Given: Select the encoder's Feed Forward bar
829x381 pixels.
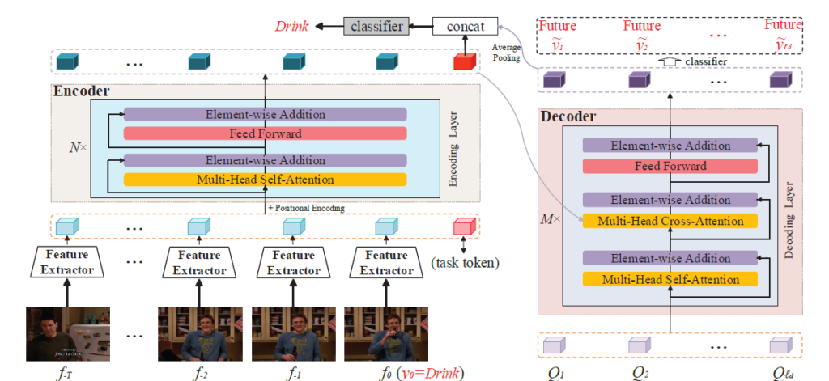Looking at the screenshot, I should click(x=265, y=133).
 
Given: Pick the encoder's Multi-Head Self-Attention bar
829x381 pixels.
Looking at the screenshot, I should click(x=265, y=179).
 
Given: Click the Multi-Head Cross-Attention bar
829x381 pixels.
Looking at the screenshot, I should click(x=670, y=221).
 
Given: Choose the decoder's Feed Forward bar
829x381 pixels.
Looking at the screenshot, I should click(x=670, y=166).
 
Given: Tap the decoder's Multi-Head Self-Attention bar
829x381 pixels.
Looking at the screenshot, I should click(x=670, y=280).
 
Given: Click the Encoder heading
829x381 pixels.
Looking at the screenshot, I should click(x=82, y=91).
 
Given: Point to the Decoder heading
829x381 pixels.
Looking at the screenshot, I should click(x=568, y=117).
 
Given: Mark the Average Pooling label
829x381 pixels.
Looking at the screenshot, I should click(x=507, y=52).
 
